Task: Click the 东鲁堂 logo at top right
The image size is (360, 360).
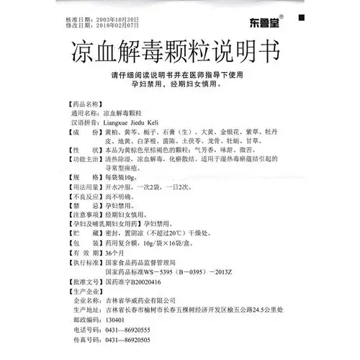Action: pos(303,19)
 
